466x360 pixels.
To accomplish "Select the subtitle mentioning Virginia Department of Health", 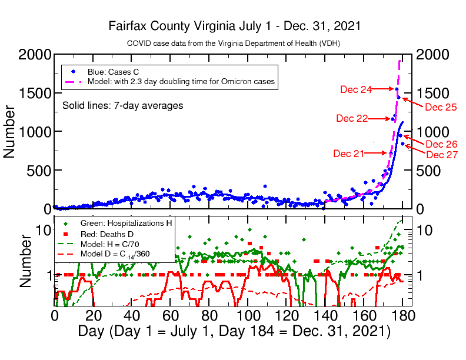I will (x=234, y=44).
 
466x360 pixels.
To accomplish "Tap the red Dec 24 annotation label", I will (x=356, y=89).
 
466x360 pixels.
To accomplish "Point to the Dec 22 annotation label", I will (x=352, y=118).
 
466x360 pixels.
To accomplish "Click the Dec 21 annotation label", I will (x=349, y=154).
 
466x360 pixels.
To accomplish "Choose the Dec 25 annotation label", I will (x=441, y=107).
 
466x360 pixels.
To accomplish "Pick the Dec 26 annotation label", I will (x=441, y=144).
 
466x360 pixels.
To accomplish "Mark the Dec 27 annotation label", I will (x=441, y=155).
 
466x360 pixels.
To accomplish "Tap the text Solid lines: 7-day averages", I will (x=122, y=106).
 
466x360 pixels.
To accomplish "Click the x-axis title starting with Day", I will (x=234, y=331).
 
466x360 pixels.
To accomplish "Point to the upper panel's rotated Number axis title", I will (x=10, y=132).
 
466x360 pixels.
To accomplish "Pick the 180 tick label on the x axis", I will (x=402, y=315).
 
